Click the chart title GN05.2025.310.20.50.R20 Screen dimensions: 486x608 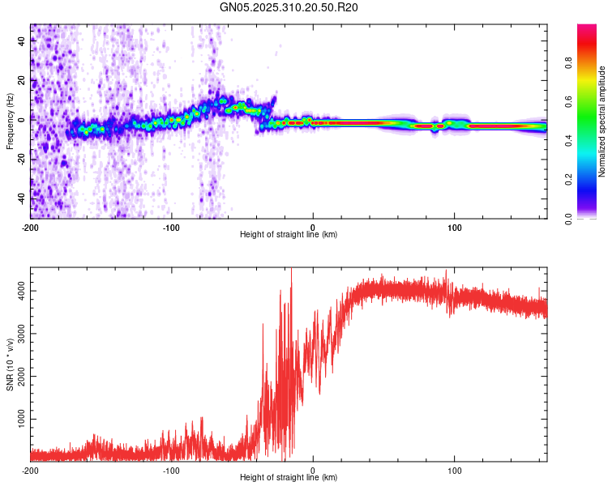[x=289, y=7]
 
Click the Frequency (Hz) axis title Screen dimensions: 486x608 [x=10, y=122]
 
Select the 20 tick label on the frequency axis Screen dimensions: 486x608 [x=22, y=81]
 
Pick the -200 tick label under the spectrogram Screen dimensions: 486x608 [x=31, y=226]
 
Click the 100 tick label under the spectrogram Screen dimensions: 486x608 [x=455, y=226]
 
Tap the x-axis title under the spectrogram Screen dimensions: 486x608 [x=289, y=235]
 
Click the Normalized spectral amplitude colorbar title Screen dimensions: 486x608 [x=602, y=122]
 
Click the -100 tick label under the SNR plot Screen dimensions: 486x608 [x=172, y=469]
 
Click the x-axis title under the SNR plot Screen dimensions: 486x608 [x=289, y=478]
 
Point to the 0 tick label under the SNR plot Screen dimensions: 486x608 [x=314, y=469]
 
